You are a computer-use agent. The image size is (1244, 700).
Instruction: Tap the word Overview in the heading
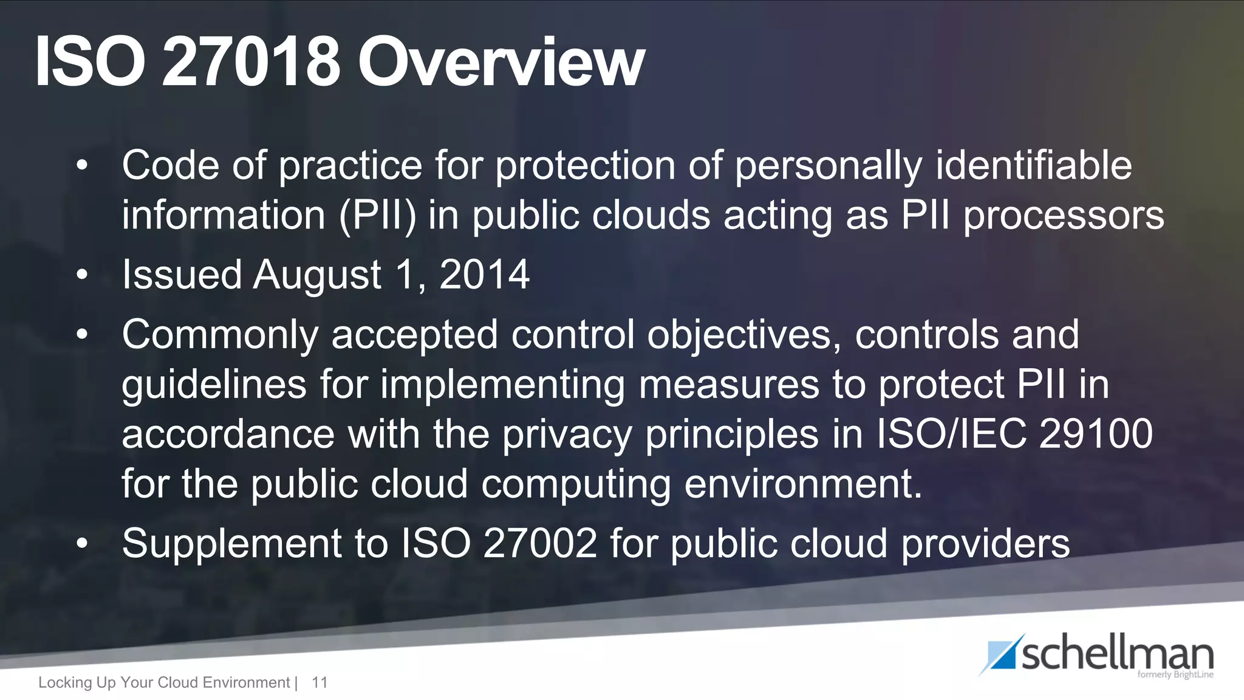coord(501,63)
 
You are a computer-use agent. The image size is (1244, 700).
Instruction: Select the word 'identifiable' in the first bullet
coord(1034,165)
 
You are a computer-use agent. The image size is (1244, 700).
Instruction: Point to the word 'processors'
coord(1064,216)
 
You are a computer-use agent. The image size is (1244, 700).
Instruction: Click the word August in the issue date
coord(316,275)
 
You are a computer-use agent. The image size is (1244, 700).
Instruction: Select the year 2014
coord(484,275)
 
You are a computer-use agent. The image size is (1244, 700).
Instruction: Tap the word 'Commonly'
coord(220,335)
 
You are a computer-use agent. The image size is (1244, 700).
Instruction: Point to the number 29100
coord(1096,434)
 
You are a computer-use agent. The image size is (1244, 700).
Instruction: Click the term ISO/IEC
coord(951,434)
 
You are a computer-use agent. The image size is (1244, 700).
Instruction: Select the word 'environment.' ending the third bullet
coord(803,484)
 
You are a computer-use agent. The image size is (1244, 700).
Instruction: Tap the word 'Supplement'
coord(231,543)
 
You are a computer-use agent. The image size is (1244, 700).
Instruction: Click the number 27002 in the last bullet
coord(540,543)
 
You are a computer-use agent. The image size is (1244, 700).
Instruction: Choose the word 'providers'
coord(985,543)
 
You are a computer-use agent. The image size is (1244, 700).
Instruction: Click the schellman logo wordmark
coord(1116,655)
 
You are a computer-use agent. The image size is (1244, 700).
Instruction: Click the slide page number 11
coord(320,682)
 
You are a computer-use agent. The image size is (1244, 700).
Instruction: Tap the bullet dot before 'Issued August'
coord(83,275)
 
